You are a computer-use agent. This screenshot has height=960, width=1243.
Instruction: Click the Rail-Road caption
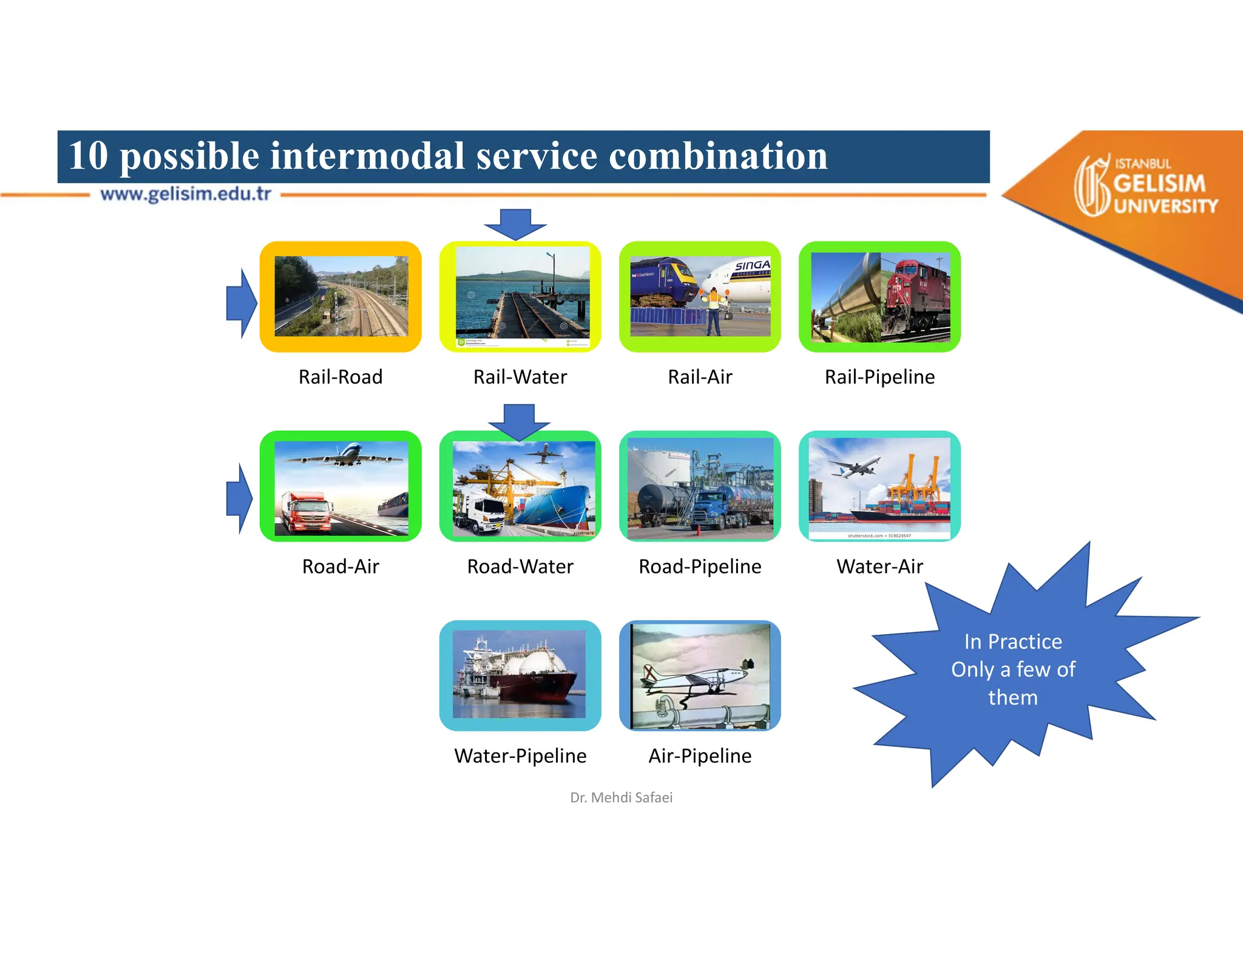click(x=340, y=377)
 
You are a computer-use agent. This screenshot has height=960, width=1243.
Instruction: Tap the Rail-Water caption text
click(x=520, y=377)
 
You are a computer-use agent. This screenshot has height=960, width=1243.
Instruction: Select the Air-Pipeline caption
click(x=700, y=755)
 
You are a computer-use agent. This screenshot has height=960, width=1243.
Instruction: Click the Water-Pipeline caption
click(x=520, y=755)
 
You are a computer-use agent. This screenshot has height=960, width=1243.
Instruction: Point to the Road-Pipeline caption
click(x=700, y=566)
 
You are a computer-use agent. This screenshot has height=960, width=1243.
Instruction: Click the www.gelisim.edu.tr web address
click(x=186, y=194)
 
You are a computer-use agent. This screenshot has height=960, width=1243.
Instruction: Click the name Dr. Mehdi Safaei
click(x=621, y=797)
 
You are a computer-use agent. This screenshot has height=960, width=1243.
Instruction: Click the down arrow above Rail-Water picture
click(x=515, y=224)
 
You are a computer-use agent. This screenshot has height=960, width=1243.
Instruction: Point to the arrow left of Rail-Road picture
click(x=241, y=303)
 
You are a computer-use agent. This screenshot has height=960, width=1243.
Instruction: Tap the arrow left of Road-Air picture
click(x=239, y=498)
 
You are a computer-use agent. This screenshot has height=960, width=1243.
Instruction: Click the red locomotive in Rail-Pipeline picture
click(x=916, y=297)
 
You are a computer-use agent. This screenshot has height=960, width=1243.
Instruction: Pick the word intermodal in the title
click(x=367, y=156)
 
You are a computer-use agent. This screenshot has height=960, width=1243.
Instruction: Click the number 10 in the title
click(x=88, y=156)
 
